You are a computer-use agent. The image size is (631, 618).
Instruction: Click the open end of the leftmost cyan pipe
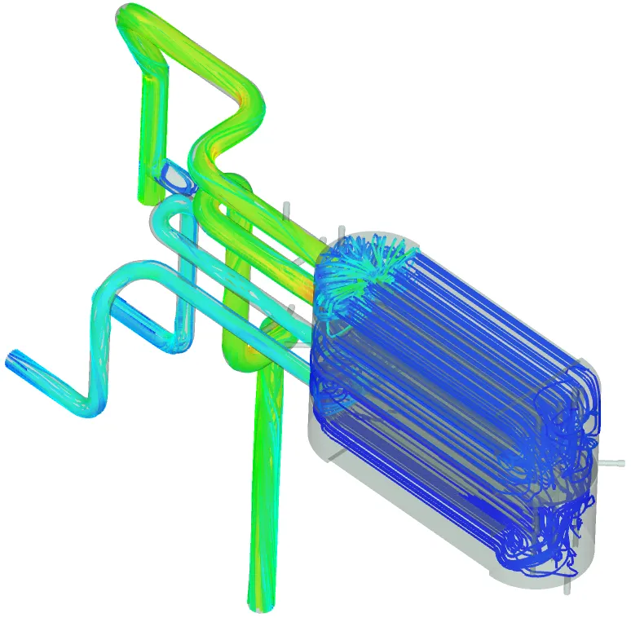pos(12,359)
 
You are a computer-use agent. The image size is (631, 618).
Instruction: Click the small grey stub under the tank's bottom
pos(567,584)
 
